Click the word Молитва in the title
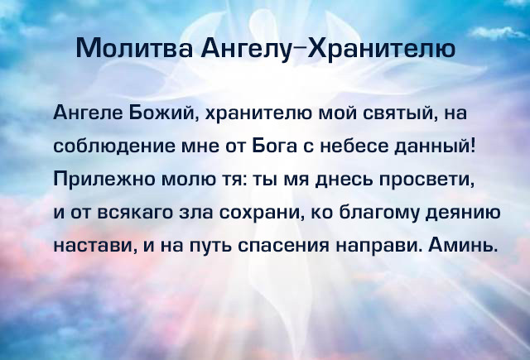pos(134,48)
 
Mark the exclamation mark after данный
pos(473,145)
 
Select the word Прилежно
pos(104,179)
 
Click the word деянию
pos(463,214)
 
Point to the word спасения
pos(283,246)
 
